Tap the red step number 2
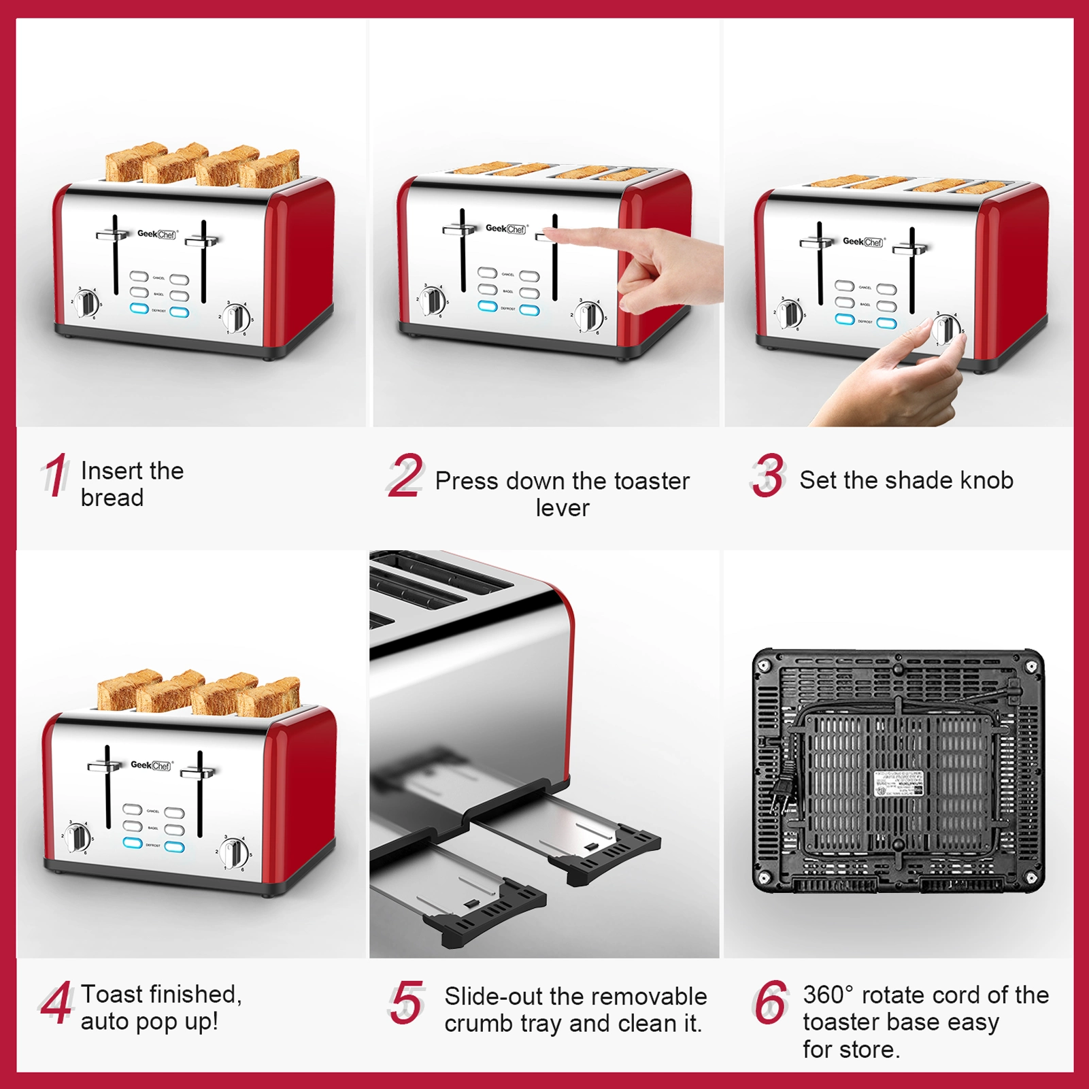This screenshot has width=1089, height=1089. [x=406, y=475]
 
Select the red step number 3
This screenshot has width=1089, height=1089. [x=769, y=475]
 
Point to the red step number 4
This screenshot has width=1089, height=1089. [x=56, y=1002]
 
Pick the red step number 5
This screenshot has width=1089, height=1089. [x=407, y=1002]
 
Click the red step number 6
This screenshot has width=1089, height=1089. [x=771, y=1002]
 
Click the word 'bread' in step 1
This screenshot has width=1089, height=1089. [x=112, y=498]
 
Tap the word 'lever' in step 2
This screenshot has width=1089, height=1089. [x=562, y=508]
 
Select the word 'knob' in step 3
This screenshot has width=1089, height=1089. [x=986, y=480]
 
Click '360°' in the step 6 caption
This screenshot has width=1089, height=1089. [x=827, y=995]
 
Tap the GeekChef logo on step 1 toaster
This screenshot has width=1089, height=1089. [x=157, y=234]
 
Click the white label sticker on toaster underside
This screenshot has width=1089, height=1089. [x=898, y=784]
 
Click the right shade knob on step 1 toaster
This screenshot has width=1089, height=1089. [x=236, y=318]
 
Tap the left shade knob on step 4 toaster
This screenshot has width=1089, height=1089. [x=76, y=837]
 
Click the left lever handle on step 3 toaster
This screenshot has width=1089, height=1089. [x=816, y=241]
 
